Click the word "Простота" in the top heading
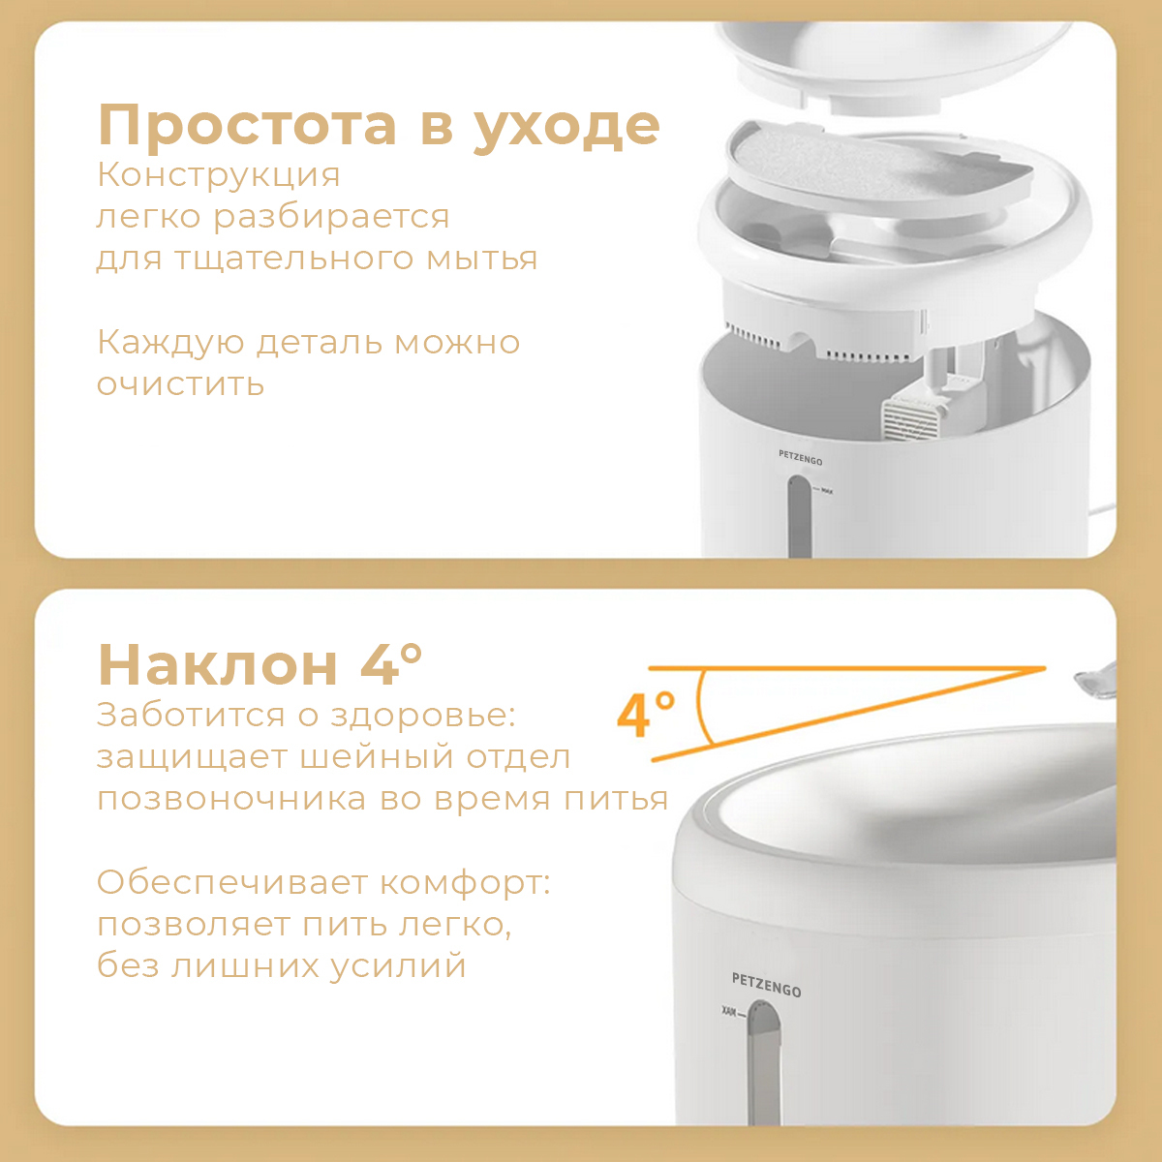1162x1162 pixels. (247, 125)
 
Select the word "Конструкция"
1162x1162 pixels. (218, 176)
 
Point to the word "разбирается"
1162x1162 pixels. (332, 218)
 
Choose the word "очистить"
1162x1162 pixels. (181, 384)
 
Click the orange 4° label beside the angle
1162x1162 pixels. (646, 715)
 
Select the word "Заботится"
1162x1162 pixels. (191, 716)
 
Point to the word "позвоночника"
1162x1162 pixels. (231, 800)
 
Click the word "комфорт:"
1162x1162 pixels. (465, 883)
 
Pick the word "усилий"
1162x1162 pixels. (398, 968)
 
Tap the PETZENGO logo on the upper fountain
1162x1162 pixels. (800, 457)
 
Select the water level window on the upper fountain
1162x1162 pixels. (799, 515)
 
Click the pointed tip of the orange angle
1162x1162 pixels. (1045, 668)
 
